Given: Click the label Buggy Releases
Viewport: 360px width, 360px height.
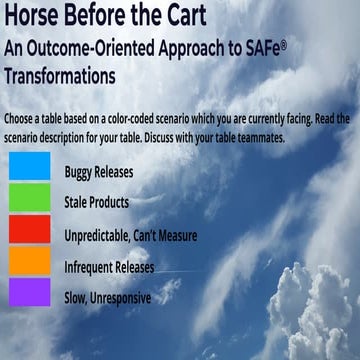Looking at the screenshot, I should (x=98, y=171).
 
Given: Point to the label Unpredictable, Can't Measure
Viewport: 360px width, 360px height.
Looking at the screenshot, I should (x=130, y=236).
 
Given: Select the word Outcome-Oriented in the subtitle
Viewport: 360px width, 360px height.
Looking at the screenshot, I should (x=100, y=50).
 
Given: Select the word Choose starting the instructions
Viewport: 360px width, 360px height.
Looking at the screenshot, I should (x=24, y=118).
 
